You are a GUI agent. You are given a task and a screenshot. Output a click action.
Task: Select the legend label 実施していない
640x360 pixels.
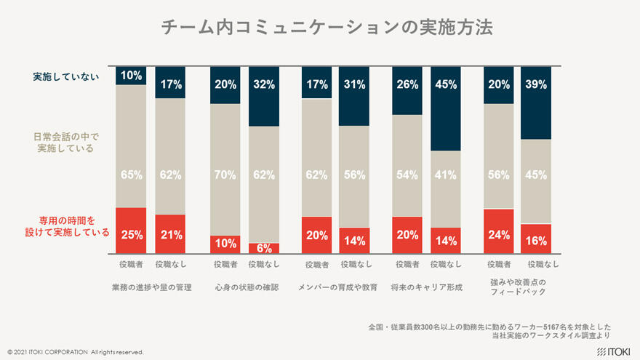coord(66,76)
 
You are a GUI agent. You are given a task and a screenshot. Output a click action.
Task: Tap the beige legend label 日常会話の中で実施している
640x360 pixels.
coord(66,142)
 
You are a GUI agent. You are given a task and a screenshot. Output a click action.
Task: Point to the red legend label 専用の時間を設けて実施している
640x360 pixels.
coord(66,226)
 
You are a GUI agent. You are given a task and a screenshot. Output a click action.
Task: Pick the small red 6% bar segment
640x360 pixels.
coord(263,248)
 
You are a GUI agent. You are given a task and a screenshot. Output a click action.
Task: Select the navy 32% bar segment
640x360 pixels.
coord(263,97)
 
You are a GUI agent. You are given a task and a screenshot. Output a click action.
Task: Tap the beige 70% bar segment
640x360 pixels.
coord(225,169)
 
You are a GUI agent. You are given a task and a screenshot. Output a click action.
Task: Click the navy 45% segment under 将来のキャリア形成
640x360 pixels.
coord(446,109)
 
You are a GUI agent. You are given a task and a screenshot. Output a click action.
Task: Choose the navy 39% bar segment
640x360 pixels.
coord(536,103)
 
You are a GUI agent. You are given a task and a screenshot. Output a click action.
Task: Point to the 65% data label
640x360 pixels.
coord(131,175)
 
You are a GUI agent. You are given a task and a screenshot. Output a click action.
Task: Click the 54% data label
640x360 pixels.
coord(407,175)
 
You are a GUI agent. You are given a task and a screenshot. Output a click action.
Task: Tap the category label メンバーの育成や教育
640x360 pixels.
coord(337,287)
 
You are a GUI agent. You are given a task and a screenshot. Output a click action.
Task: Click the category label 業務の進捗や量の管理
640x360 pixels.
coord(151,287)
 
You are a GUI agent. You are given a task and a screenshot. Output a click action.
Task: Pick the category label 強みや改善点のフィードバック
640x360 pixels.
coord(517,287)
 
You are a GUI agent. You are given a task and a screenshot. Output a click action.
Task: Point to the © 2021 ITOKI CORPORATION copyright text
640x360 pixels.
coord(76,352)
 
